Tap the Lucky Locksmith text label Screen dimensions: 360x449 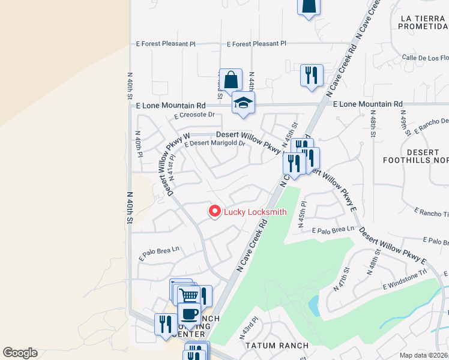pos(255,212)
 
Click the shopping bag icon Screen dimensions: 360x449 pos(231,80)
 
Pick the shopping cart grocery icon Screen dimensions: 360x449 pos(189,295)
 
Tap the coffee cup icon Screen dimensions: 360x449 pos(190,313)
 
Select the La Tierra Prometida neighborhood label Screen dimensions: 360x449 pos(424,22)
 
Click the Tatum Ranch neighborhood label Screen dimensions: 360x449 pos(277,346)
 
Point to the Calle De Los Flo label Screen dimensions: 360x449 pos(426,58)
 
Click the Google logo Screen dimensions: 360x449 pos(20,353)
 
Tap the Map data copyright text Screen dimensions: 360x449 pos(423,355)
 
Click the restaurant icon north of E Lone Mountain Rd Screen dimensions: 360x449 pos(312,76)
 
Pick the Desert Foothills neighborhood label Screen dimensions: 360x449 pos(416,157)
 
